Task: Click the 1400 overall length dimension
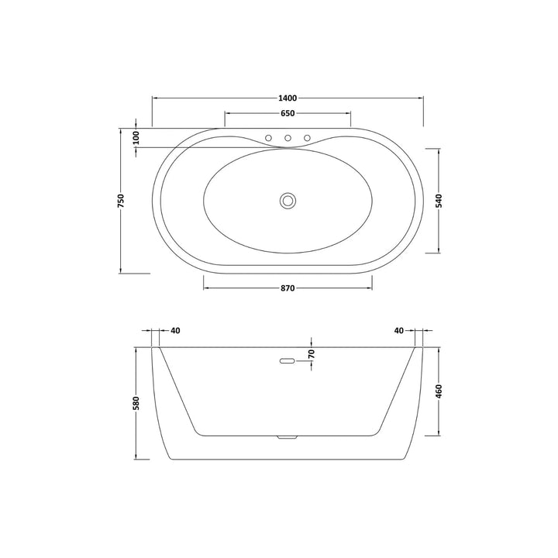tap(287, 98)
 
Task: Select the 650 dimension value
tap(287, 114)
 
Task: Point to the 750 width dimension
tap(121, 200)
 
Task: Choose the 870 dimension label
tap(287, 288)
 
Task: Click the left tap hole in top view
tap(268, 139)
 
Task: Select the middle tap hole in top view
tap(288, 139)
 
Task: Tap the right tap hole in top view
tap(307, 139)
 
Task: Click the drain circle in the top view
tap(288, 200)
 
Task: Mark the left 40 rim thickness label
tap(175, 331)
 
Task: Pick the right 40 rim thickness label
tap(398, 331)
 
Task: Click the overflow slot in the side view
tap(286, 360)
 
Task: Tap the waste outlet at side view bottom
tap(287, 437)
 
